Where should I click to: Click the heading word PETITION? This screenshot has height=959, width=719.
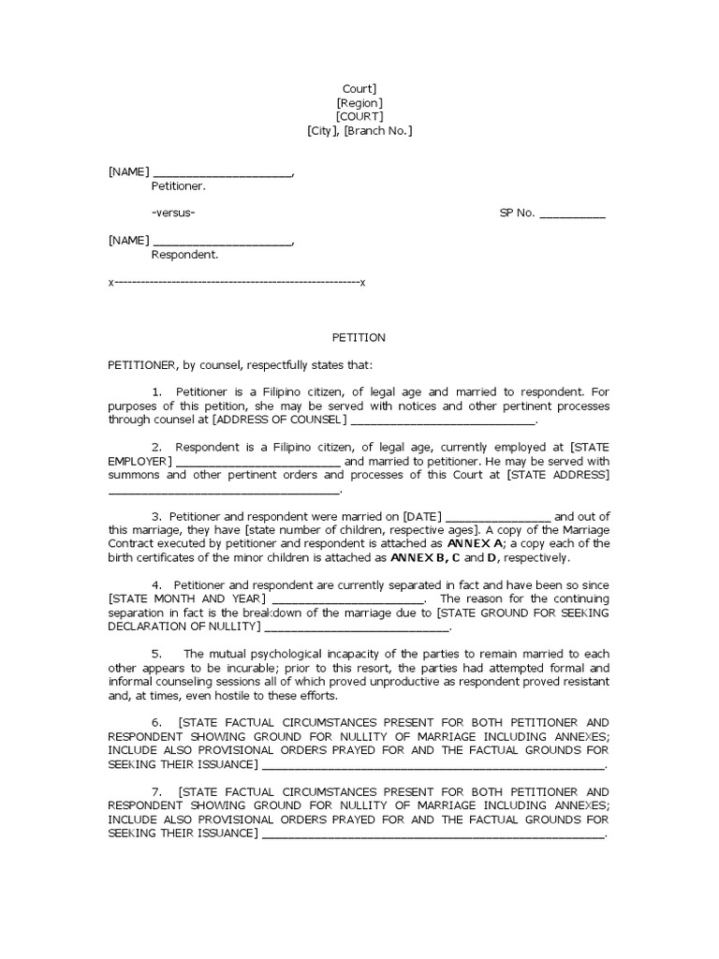(359, 337)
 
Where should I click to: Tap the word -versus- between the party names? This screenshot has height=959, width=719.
(173, 213)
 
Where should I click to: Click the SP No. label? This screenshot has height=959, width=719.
(517, 213)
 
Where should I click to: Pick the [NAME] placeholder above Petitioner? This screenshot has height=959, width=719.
(128, 171)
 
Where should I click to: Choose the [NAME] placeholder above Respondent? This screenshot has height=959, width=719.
(128, 241)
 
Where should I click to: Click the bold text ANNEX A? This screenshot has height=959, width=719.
(476, 543)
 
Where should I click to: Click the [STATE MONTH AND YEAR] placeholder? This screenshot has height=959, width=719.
(186, 598)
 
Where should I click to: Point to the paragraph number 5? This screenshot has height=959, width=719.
(156, 654)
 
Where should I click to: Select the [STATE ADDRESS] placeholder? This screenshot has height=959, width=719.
(558, 475)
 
